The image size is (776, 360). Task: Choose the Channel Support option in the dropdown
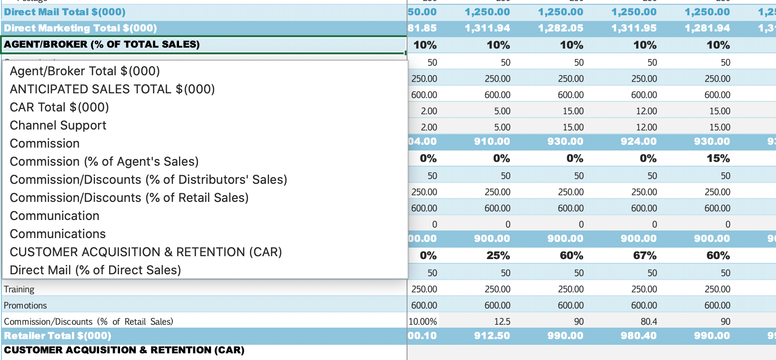[x=58, y=125]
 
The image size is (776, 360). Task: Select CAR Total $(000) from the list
[x=60, y=107]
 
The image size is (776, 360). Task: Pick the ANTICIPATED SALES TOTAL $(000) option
[x=112, y=89]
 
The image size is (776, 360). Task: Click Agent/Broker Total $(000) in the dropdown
[x=85, y=71]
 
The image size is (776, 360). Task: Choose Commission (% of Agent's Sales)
[x=104, y=161]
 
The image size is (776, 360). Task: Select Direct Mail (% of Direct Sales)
[x=95, y=270]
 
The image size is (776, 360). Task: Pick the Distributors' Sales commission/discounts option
[x=149, y=180]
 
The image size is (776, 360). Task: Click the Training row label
[x=19, y=289]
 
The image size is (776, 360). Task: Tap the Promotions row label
[x=25, y=305]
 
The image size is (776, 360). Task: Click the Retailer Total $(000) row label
[x=58, y=336]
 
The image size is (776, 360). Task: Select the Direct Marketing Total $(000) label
[x=80, y=28]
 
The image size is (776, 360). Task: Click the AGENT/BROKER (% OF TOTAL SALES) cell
[x=102, y=44]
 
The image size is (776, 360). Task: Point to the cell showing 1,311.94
[x=487, y=28]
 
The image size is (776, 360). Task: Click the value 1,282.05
[x=560, y=28]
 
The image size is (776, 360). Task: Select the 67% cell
[x=645, y=256]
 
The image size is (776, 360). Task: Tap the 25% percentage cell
[x=498, y=256]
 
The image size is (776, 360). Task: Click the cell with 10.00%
[x=423, y=321]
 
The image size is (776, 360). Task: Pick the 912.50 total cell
[x=492, y=336]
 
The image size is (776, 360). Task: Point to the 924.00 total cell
[x=638, y=141]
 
